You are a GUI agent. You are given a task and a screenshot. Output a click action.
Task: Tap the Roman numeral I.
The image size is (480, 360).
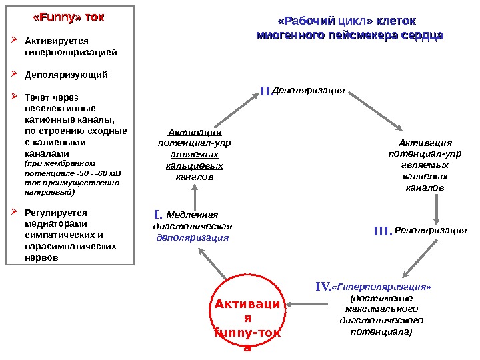(x=158, y=215)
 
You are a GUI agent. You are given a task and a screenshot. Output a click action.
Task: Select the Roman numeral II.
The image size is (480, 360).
(x=266, y=90)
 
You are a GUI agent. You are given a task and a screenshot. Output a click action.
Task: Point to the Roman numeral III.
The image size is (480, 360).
(x=383, y=231)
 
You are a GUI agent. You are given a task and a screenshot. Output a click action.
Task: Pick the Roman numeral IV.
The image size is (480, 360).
(x=323, y=287)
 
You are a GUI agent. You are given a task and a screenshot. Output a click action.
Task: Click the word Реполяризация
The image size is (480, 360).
(x=431, y=231)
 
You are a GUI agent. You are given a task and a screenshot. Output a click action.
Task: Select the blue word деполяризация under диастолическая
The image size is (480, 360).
(x=192, y=237)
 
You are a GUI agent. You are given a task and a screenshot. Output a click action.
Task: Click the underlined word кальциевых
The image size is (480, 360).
(x=195, y=165)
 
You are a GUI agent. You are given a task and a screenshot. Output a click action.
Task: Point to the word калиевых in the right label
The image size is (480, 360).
(x=425, y=177)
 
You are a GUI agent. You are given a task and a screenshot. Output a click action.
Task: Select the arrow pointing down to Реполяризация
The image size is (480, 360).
(x=437, y=209)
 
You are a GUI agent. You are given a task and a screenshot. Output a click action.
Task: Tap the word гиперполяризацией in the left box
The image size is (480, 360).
(x=71, y=51)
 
